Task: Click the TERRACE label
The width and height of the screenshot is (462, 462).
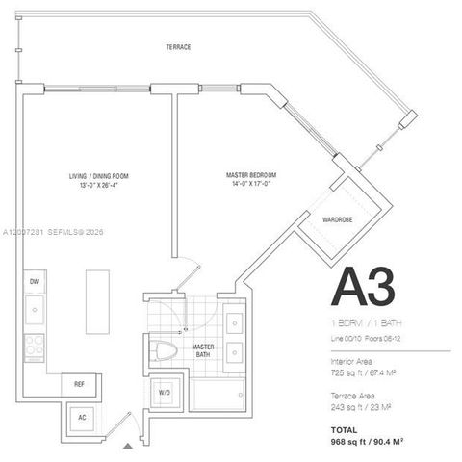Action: click(x=177, y=47)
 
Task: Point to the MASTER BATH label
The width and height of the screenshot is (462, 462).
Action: click(x=202, y=347)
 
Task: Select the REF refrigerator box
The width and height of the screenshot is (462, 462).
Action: click(x=81, y=383)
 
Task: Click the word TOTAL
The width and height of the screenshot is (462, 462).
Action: click(x=344, y=429)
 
